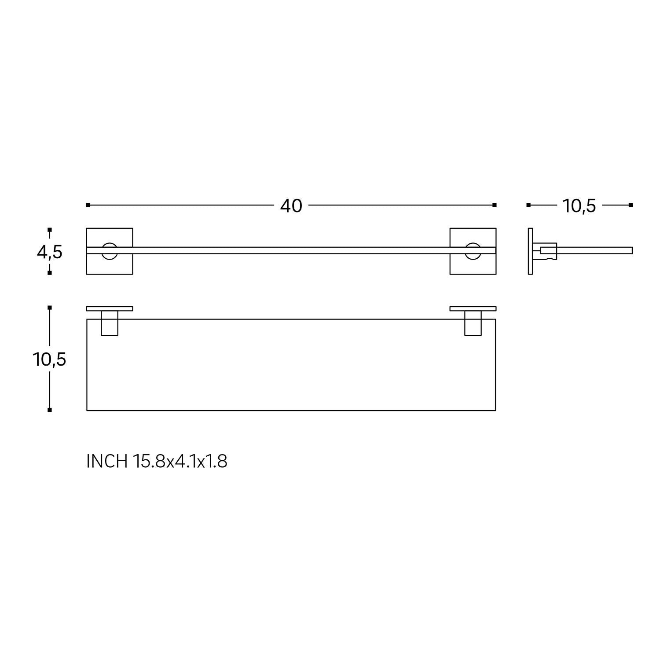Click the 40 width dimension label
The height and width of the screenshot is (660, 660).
pos(291,205)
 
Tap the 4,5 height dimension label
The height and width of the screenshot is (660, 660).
pos(50,253)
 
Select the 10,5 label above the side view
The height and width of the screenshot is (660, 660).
pos(579,205)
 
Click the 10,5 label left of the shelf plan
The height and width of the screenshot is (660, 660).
pos(49,359)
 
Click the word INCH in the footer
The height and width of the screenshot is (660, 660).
pos(107,462)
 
